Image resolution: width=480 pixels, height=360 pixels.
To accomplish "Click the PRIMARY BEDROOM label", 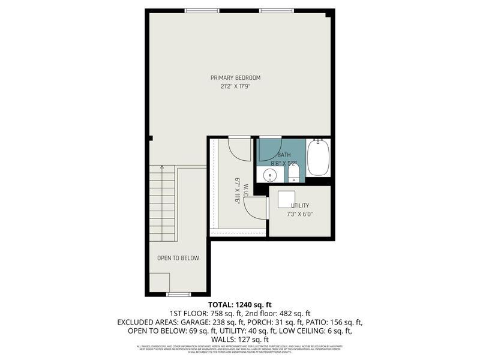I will click(x=235, y=77).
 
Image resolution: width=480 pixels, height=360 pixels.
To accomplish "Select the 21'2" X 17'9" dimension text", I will click(x=235, y=86).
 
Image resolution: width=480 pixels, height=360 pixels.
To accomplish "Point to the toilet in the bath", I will click(x=293, y=174).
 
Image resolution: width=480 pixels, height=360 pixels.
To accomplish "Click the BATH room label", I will click(x=284, y=155).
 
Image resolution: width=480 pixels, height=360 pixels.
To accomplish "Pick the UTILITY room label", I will click(x=300, y=206).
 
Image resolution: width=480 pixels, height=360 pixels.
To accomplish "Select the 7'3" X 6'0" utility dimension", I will click(x=300, y=214).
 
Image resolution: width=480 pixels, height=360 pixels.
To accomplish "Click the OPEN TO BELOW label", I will click(x=178, y=258).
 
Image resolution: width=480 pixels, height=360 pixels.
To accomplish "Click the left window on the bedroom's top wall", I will click(x=202, y=10).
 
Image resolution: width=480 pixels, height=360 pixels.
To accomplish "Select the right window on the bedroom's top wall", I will click(x=277, y=10).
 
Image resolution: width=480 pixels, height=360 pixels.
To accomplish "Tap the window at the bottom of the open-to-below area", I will click(x=178, y=294).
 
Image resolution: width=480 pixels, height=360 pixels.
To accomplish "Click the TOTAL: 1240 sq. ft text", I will click(x=239, y=304).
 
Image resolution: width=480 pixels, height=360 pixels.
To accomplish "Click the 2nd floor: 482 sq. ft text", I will click(x=280, y=313).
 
